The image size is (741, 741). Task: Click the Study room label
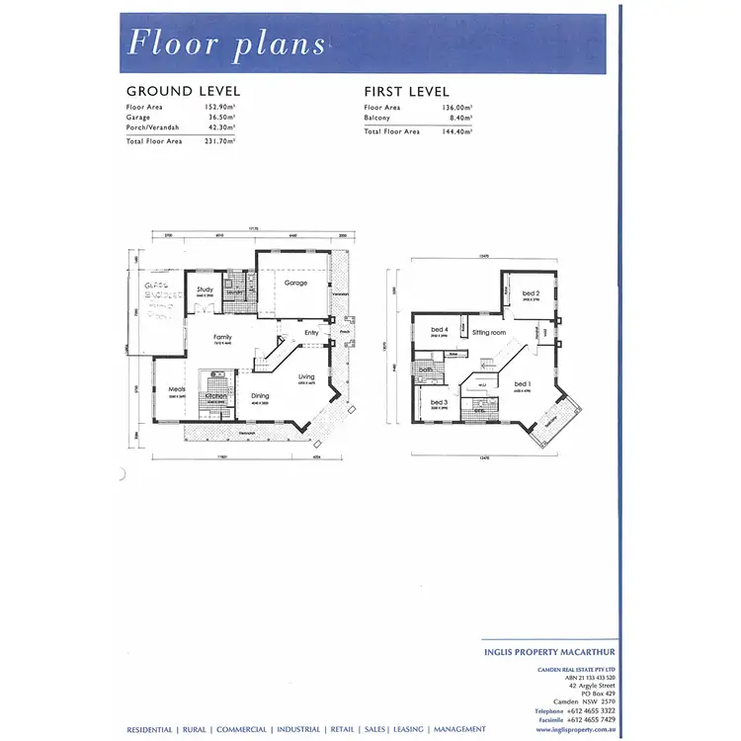[206, 289]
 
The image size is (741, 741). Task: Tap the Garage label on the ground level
[295, 283]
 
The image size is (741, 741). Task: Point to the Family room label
[224, 337]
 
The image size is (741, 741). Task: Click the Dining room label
[260, 396]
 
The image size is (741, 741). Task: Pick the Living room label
[307, 376]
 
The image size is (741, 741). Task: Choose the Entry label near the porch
[312, 332]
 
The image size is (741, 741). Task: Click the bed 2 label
[531, 293]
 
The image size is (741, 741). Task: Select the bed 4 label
[440, 330]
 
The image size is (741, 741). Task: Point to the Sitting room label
[488, 333]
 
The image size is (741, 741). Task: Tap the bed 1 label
[523, 383]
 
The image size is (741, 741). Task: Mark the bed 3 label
[440, 402]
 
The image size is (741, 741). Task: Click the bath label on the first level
[425, 370]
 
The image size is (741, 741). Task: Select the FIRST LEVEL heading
[407, 92]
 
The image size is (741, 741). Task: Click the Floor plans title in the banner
[227, 43]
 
